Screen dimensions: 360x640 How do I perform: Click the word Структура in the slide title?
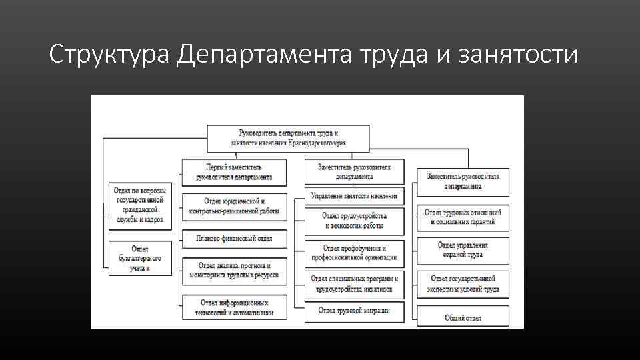tap(111, 55)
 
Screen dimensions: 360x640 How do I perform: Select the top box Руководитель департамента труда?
tap(288, 138)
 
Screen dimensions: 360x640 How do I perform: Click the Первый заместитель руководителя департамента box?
tap(234, 172)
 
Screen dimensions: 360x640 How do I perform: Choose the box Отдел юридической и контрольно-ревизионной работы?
tap(234, 207)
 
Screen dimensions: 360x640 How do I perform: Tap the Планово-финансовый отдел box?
tap(234, 238)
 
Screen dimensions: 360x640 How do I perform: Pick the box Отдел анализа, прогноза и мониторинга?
tap(234, 270)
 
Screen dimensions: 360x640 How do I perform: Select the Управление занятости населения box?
tap(355, 196)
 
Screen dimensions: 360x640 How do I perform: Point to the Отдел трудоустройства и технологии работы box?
tap(355, 221)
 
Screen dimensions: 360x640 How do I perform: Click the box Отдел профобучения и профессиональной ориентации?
tap(355, 253)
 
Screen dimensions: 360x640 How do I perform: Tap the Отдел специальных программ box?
tap(355, 284)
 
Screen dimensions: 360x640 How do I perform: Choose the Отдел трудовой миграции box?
tap(355, 311)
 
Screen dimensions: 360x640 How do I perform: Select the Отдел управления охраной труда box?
tap(463, 250)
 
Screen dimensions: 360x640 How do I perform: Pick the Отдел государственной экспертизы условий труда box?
tap(463, 284)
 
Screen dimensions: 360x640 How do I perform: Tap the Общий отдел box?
tap(463, 317)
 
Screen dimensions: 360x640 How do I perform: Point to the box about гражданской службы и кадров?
tap(140, 205)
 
